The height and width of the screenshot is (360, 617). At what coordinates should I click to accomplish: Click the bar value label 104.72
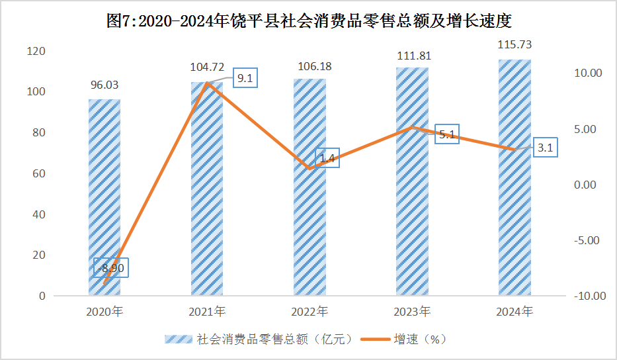[x=207, y=67]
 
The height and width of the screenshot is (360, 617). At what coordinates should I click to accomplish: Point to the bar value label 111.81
[x=411, y=55]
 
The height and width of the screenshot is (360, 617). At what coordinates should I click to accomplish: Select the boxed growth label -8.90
[x=110, y=268]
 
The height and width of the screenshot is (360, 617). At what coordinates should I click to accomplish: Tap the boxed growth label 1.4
[x=327, y=158]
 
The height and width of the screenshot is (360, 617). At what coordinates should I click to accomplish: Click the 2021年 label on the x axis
[x=207, y=311]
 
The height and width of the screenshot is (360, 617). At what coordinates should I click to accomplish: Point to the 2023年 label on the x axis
[x=411, y=311]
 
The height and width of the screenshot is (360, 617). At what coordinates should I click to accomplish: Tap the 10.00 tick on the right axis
[x=587, y=73]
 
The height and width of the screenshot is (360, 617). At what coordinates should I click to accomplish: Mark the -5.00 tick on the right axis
[x=587, y=240]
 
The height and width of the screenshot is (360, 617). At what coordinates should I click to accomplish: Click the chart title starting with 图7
[x=309, y=21]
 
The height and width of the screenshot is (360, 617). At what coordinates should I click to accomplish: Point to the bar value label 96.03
[x=104, y=85]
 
